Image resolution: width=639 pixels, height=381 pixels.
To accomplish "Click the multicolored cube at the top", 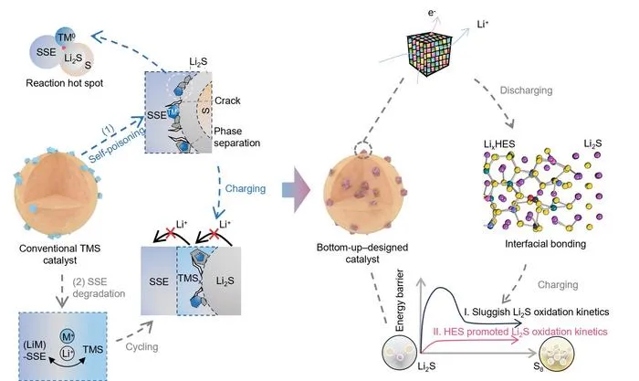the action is (430, 54).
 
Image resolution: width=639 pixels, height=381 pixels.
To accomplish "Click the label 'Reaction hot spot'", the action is (65, 83).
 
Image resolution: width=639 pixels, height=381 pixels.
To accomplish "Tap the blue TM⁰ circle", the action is (65, 37).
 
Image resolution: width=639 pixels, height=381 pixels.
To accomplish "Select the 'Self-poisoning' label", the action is (117, 144).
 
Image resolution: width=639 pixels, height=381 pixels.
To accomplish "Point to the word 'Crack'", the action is (227, 101).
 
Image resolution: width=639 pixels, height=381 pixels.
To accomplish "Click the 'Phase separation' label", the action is (236, 137).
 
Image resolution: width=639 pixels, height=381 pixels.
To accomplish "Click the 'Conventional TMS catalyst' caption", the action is (60, 254).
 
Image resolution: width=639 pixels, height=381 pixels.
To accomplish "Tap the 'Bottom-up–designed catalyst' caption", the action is (362, 253).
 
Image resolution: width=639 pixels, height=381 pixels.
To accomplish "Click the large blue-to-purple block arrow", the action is (297, 190).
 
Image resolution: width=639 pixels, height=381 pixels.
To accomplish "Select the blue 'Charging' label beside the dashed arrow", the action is (246, 188).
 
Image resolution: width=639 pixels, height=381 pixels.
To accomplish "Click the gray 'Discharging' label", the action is (526, 90).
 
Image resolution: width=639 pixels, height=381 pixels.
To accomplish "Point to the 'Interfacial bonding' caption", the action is (545, 244).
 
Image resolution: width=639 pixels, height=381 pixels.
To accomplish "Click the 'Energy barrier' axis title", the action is (400, 301).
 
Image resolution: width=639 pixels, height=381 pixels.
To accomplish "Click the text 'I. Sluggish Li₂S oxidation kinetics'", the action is (537, 312).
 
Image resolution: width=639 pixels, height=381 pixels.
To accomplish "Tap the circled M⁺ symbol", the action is (68, 336).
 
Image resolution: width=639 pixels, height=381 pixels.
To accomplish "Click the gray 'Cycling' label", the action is (141, 346).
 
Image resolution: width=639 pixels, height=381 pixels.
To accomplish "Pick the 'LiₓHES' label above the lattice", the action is (499, 144).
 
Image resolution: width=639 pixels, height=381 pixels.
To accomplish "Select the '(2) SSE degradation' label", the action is (99, 288).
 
